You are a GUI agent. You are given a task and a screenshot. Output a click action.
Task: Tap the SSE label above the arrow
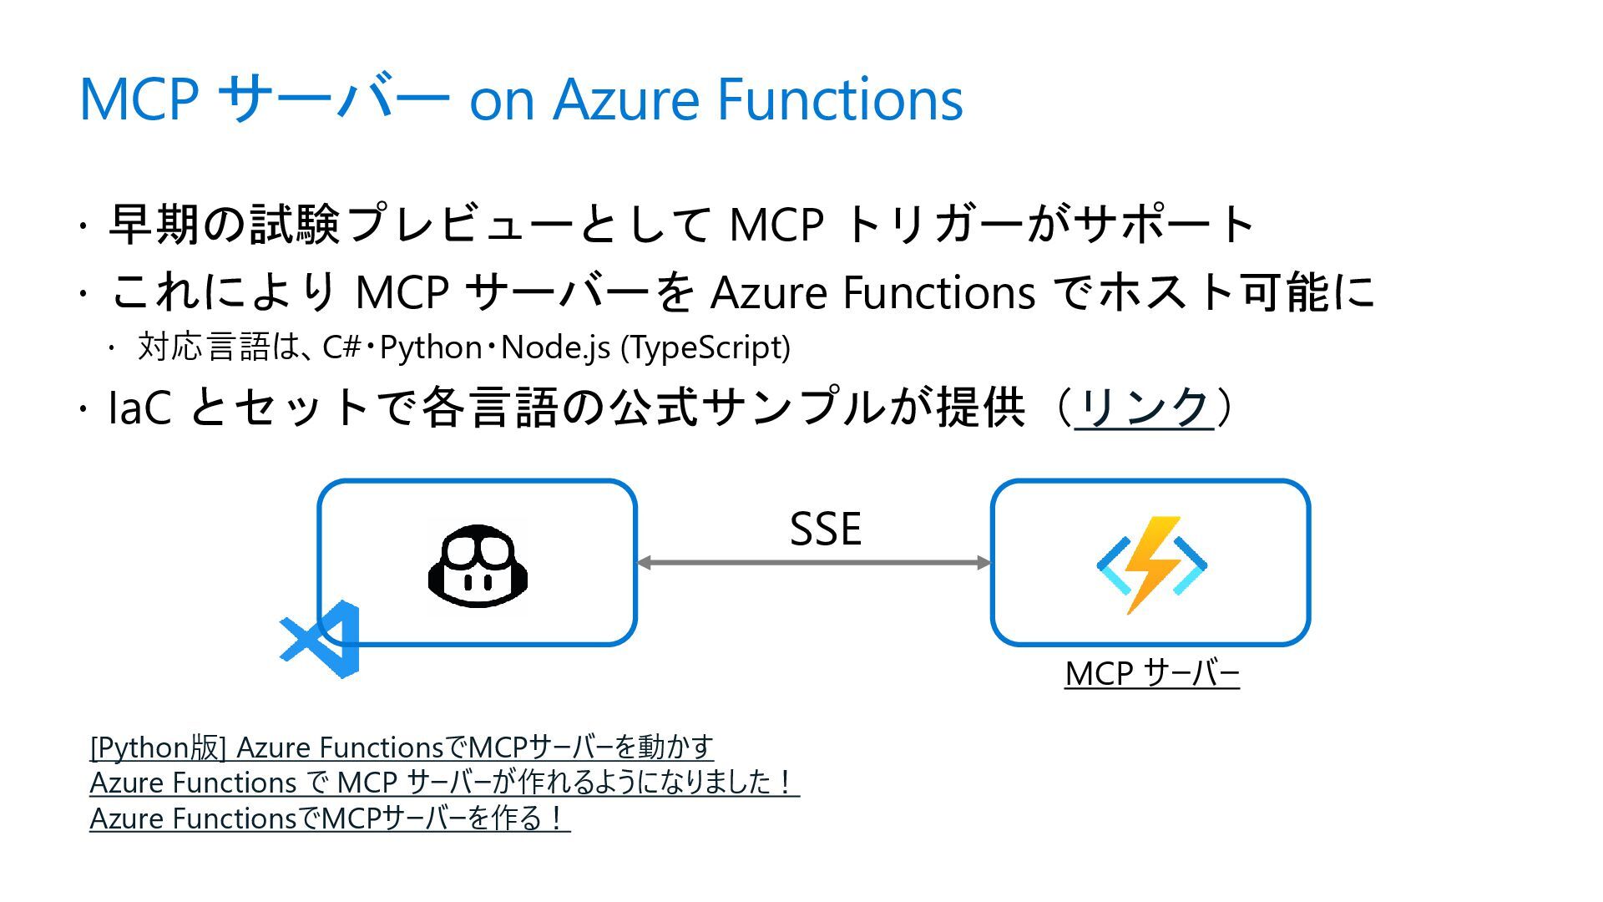point(825,529)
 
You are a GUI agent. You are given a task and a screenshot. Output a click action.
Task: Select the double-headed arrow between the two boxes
point(813,562)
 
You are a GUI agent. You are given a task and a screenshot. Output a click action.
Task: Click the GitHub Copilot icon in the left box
point(478,565)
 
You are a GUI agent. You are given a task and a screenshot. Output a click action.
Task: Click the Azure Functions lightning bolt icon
point(1151,565)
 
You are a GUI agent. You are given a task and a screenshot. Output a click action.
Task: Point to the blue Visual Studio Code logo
point(321,639)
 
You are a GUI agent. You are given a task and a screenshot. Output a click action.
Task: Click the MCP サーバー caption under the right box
point(1151,673)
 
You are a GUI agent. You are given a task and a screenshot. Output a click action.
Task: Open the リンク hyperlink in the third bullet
point(1144,408)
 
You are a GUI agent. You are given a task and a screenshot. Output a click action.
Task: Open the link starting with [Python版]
point(402,747)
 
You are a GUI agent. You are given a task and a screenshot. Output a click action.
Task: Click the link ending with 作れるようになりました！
point(443,783)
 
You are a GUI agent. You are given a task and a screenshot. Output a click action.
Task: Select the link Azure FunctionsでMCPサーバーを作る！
point(329,818)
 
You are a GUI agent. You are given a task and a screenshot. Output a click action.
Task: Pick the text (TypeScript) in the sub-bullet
point(705,347)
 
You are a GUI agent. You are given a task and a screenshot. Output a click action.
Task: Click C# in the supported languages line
point(341,347)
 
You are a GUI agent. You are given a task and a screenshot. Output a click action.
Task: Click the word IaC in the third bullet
point(140,408)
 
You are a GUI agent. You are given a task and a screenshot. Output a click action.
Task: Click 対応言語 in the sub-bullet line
point(204,347)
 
